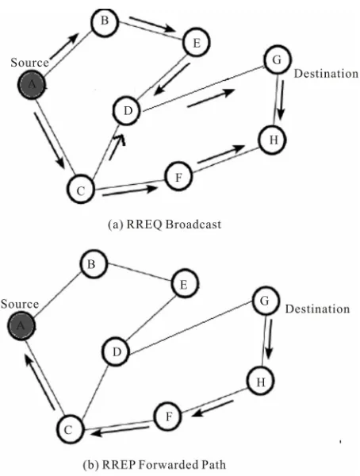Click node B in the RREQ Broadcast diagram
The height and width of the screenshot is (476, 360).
pyautogui.click(x=104, y=22)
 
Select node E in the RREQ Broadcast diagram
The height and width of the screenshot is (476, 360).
pyautogui.click(x=197, y=42)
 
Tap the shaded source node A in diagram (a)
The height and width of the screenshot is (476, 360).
pyautogui.click(x=31, y=84)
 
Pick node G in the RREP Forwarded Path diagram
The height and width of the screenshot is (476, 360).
pyautogui.click(x=266, y=301)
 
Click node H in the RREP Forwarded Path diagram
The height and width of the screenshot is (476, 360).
pyautogui.click(x=261, y=382)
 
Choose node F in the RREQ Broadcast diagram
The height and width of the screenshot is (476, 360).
pyautogui.click(x=178, y=176)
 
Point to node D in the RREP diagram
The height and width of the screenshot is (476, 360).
pyautogui.click(x=117, y=352)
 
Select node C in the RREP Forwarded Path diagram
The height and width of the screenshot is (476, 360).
pyautogui.click(x=69, y=429)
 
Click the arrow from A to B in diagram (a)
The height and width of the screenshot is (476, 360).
pyautogui.click(x=65, y=45)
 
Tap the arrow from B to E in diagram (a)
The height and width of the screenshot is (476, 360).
pyautogui.click(x=153, y=24)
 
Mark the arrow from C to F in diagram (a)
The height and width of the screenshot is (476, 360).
pyautogui.click(x=130, y=191)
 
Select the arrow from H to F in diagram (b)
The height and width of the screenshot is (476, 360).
pyautogui.click(x=212, y=409)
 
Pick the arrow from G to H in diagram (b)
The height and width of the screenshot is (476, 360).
pyautogui.click(x=269, y=338)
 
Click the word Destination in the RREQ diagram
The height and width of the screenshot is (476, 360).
pyautogui.click(x=326, y=74)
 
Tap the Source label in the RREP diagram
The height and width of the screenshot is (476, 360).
pyautogui.click(x=20, y=304)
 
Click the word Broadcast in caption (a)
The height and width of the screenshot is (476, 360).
pyautogui.click(x=193, y=225)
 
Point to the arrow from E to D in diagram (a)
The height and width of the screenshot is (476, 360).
pyautogui.click(x=171, y=79)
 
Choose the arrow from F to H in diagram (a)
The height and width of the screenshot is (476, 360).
pyautogui.click(x=220, y=155)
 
